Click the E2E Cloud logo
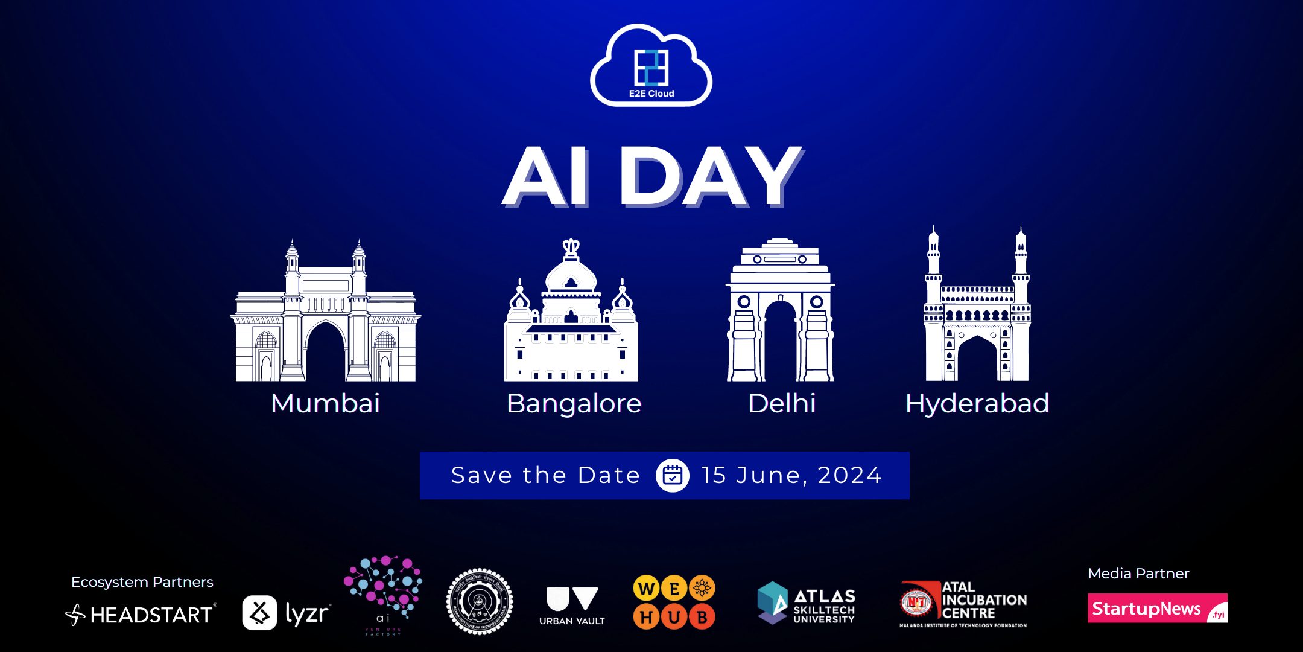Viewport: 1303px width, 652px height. [x=651, y=66]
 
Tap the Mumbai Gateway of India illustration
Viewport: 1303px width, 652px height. [x=326, y=314]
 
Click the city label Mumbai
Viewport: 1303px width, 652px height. [x=326, y=403]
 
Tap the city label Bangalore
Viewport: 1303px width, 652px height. [x=574, y=403]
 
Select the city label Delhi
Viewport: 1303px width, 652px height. [x=782, y=403]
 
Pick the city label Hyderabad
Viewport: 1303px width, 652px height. [x=977, y=403]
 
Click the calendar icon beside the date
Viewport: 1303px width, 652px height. [x=672, y=476]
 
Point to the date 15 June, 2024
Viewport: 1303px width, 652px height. [x=791, y=476]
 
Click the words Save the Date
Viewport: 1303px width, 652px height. [x=545, y=476]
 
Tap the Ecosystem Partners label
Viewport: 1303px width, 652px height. [x=142, y=582]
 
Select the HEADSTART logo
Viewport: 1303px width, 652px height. [x=141, y=615]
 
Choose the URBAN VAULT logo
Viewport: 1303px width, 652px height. [x=572, y=606]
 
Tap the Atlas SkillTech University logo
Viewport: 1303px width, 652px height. [x=806, y=602]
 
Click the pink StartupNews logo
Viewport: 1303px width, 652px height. [x=1157, y=609]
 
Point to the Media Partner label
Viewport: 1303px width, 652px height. [x=1138, y=574]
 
